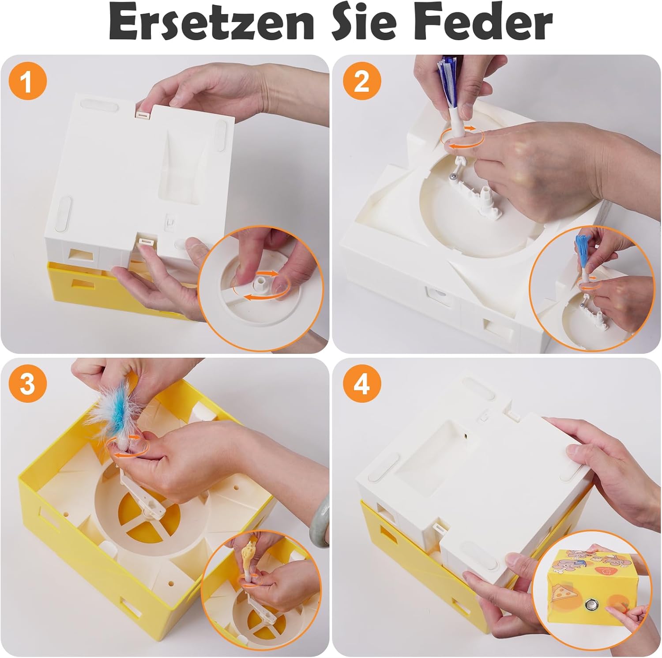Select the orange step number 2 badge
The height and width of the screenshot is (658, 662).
click(x=361, y=82)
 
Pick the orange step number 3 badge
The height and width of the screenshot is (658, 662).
click(x=27, y=385)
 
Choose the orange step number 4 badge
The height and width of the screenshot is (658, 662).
click(x=361, y=385)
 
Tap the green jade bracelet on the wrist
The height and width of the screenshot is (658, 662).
click(x=319, y=519)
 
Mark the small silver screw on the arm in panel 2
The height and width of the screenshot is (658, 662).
click(x=452, y=176)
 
